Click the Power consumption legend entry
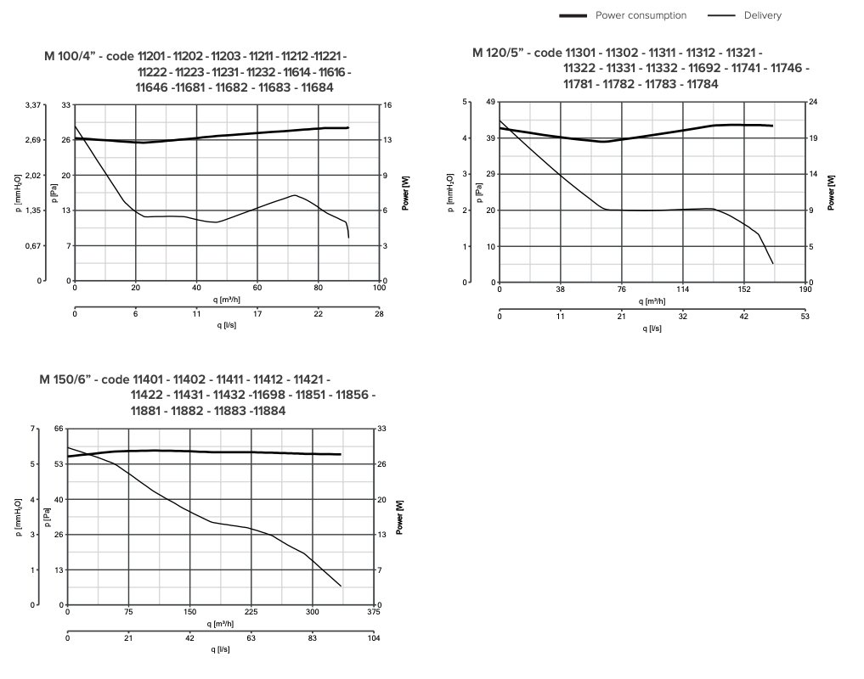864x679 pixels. pos(641,15)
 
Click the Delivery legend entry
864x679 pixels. pos(762,15)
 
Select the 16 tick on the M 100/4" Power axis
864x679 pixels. pos(387,105)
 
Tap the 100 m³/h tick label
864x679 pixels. pos(380,289)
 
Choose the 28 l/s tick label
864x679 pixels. pos(380,315)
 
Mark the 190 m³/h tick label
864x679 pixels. pos(805,289)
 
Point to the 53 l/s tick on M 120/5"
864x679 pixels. pos(805,316)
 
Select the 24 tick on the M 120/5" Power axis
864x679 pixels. pos(813,102)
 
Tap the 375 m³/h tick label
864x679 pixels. pos(374,612)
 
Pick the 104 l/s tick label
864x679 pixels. pos(374,638)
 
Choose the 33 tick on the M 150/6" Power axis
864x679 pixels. pos(381,429)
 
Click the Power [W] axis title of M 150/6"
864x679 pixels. pos(399,517)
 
